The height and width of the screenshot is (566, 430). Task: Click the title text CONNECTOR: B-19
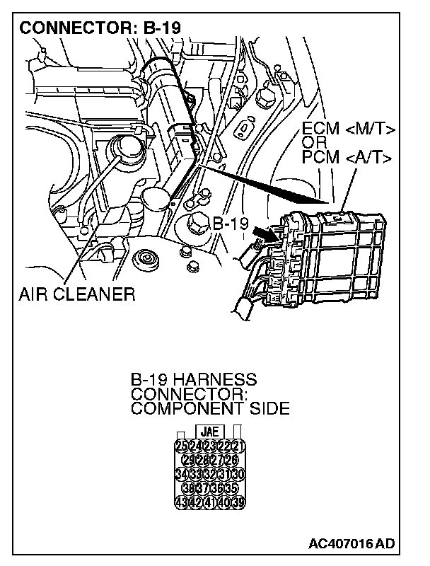click(100, 28)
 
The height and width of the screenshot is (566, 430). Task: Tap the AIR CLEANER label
click(77, 294)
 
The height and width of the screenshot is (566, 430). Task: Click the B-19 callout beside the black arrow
click(231, 224)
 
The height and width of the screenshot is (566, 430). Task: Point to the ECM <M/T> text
click(347, 129)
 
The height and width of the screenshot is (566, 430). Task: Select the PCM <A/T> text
click(346, 156)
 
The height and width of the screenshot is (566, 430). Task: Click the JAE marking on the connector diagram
click(209, 430)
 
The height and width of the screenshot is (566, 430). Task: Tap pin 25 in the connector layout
click(182, 445)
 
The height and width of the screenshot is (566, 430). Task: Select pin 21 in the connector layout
click(237, 445)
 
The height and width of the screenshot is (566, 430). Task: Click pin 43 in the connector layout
click(182, 502)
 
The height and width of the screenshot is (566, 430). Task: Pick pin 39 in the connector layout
click(237, 502)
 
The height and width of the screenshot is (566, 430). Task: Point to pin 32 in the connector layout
click(209, 473)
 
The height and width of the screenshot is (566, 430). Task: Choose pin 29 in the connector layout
click(188, 459)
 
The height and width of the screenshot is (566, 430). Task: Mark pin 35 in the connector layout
click(230, 488)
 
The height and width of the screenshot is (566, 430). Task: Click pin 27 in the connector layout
click(216, 459)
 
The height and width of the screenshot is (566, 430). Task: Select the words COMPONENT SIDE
click(210, 408)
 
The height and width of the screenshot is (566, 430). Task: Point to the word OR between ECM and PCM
click(312, 143)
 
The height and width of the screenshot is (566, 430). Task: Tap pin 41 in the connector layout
click(209, 502)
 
